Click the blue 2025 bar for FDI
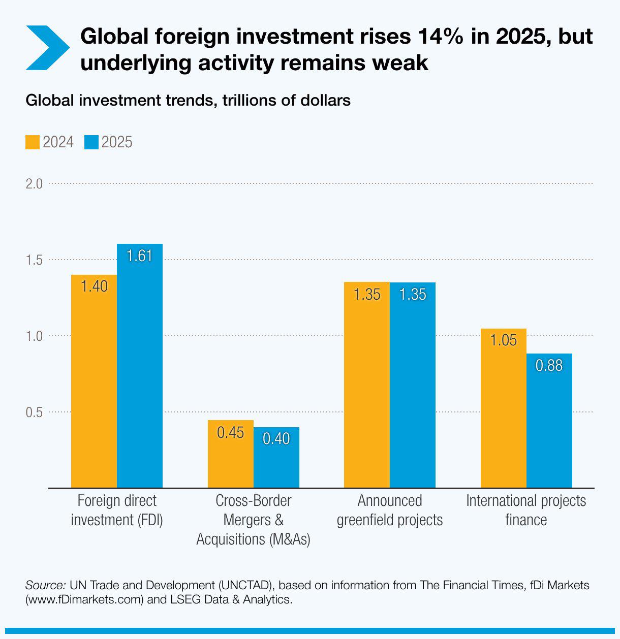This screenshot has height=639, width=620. [x=140, y=366]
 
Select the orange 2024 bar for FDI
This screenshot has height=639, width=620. [x=94, y=381]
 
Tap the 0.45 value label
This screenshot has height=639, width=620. [x=231, y=433]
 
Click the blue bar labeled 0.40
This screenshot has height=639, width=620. [x=276, y=457]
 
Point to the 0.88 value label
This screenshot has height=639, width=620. [x=549, y=366]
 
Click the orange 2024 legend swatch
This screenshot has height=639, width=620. [x=33, y=142]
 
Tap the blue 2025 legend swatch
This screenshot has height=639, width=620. [x=91, y=142]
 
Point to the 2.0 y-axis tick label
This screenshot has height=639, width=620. [x=35, y=183]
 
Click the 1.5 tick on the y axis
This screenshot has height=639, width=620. [x=35, y=260]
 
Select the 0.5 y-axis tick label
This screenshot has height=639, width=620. [x=35, y=412]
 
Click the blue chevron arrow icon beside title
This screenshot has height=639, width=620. [x=47, y=48]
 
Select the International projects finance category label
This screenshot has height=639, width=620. [x=526, y=510]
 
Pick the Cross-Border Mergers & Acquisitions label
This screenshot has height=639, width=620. [x=253, y=520]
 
